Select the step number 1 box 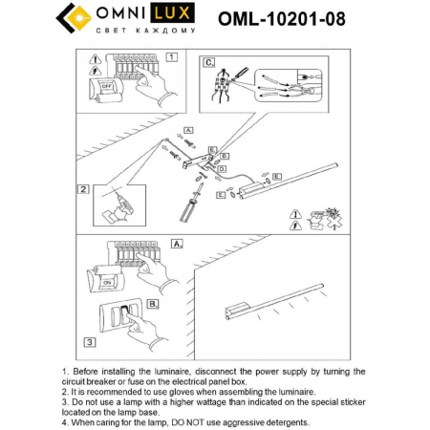pos(171,57)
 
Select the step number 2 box pos(85,189)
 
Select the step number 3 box pos(88,341)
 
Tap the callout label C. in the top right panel pos(209,62)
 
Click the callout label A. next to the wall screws pos(188,129)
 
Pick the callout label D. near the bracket pos(221,168)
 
